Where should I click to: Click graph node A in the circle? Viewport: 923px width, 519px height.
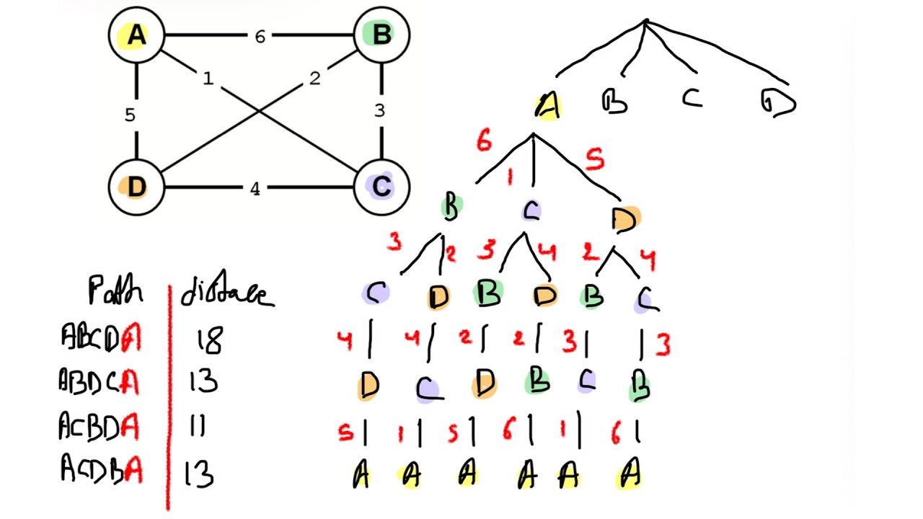click(136, 35)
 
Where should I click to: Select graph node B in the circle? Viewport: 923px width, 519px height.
click(381, 35)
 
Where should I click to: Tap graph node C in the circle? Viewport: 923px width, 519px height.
click(381, 187)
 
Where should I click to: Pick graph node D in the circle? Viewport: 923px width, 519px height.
click(136, 187)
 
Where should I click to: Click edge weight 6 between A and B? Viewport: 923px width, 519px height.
click(260, 36)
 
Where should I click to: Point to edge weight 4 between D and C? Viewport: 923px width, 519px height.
click(255, 189)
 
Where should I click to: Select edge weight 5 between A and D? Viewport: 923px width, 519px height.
click(130, 115)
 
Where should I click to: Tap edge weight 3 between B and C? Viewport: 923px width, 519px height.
click(380, 111)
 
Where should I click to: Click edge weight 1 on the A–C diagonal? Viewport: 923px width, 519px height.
click(208, 79)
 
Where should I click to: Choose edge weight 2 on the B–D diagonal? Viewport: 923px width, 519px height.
click(314, 79)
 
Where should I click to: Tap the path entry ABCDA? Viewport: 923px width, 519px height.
click(101, 337)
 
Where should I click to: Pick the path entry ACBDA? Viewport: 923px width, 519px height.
click(100, 427)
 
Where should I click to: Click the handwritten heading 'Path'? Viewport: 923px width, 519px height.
click(115, 292)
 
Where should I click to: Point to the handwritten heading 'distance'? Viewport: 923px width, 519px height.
click(226, 293)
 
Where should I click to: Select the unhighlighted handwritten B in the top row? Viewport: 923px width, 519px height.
click(614, 102)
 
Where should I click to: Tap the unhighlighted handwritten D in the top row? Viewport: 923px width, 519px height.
click(778, 103)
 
